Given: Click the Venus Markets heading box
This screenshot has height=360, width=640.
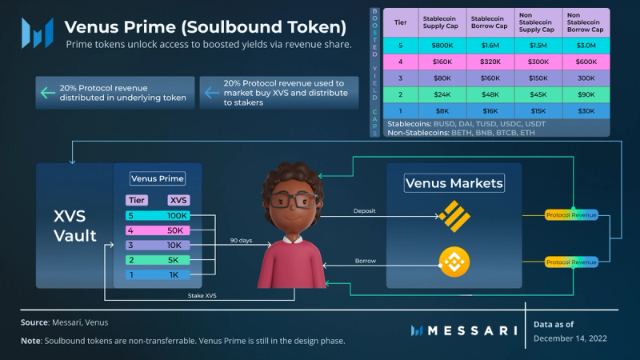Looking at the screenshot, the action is (x=454, y=183).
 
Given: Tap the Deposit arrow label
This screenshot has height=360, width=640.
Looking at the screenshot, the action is (x=364, y=212).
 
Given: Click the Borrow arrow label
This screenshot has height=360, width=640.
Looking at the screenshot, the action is (x=365, y=261).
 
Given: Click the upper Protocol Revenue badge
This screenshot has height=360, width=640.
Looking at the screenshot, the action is (x=570, y=215).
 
